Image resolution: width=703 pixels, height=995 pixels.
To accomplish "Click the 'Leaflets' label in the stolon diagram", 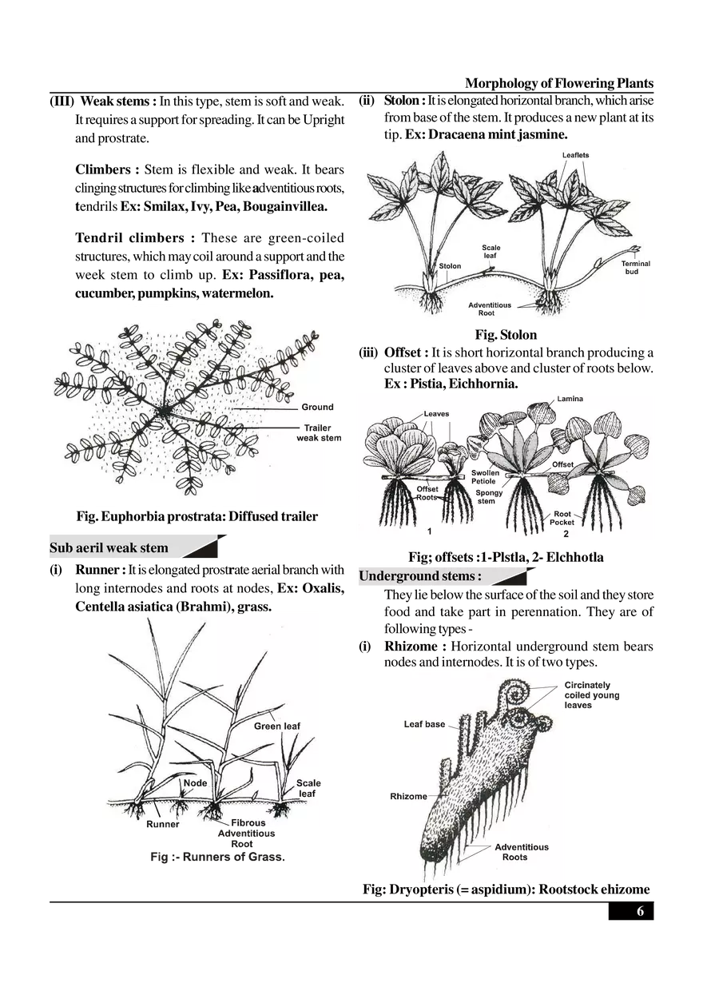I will [576, 155].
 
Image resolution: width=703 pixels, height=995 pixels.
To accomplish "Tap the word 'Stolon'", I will [450, 266].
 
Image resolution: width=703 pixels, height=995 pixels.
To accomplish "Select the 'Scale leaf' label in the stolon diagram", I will [491, 252].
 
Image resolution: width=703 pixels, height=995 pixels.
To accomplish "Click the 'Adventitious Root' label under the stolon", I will [494, 308].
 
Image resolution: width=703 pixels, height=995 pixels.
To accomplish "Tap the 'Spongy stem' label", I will [489, 498].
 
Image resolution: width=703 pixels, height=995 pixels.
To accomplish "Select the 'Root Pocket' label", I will [562, 518].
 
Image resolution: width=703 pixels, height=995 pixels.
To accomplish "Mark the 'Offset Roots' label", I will [427, 492].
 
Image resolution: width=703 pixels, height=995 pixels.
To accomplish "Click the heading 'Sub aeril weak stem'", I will [109, 548].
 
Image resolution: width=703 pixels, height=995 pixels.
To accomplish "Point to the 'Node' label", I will [195, 783].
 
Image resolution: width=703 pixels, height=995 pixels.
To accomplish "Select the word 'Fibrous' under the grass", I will [248, 822].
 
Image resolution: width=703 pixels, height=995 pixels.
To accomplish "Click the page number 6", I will [640, 912].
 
